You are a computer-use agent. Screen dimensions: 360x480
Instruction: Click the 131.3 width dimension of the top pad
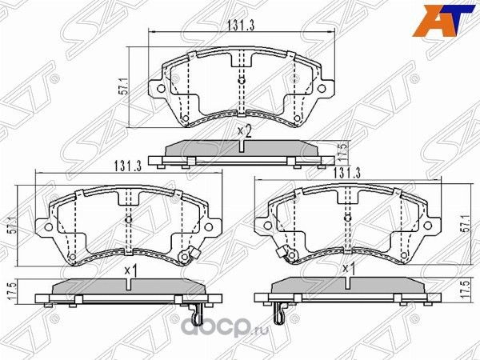coord(240,26)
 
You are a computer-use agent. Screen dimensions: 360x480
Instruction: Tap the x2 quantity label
coord(244,132)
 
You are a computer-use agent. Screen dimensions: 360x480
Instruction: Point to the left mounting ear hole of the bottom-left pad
coord(47,227)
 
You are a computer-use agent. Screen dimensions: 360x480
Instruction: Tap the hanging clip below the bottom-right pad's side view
coord(281,314)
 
